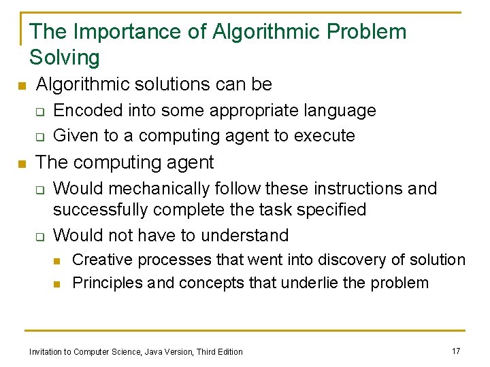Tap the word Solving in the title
coord(65,58)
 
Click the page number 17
coord(456,351)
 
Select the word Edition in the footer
coord(229,351)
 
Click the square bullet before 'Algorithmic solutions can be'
coord(21,86)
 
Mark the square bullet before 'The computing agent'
coord(21,164)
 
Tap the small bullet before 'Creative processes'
coord(59,260)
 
